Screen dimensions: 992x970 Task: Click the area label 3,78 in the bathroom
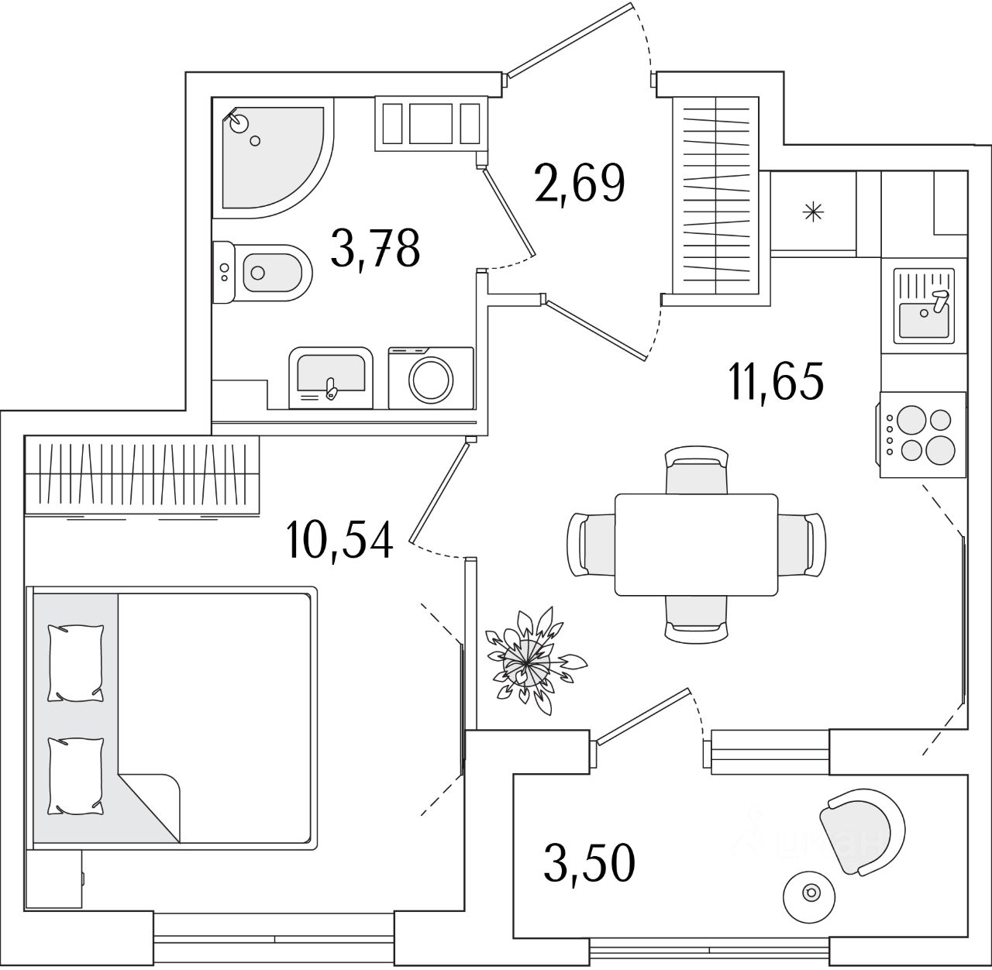click(x=375, y=249)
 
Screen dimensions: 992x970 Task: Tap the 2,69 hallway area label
click(x=580, y=184)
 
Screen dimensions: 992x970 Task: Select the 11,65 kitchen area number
click(x=777, y=380)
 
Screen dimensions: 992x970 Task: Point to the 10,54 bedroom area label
click(x=340, y=540)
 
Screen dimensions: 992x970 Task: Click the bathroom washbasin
click(x=331, y=377)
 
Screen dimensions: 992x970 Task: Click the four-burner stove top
click(x=923, y=435)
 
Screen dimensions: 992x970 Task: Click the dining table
click(x=696, y=545)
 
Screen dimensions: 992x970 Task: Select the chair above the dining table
click(x=696, y=470)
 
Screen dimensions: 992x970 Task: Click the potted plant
click(x=529, y=662)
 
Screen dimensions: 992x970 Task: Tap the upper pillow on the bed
click(x=76, y=663)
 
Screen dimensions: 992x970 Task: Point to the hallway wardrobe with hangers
click(x=715, y=195)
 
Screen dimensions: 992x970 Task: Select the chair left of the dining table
click(x=591, y=545)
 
